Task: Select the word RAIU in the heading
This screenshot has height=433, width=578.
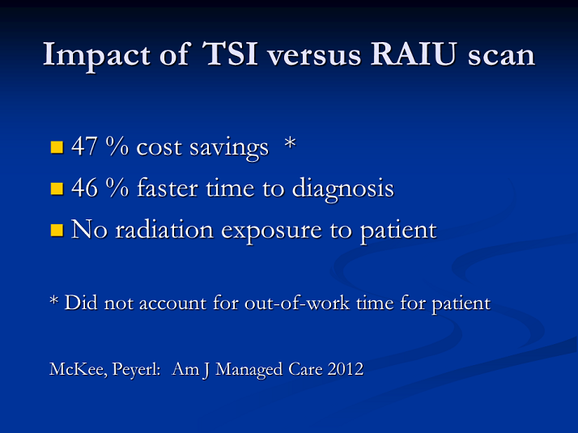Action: coord(414,54)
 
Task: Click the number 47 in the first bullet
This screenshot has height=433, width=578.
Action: coord(84,146)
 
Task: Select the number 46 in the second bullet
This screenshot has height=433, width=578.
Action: coord(84,188)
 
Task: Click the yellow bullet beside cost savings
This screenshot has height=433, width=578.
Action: coord(57,147)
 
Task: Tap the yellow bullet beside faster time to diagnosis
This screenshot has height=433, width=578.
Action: coord(57,189)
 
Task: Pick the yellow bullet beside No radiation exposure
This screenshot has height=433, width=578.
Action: coord(57,231)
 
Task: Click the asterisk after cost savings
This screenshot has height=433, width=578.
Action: coord(290,142)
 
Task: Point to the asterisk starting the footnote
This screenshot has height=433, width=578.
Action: coord(53,300)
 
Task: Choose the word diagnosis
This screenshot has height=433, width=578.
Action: coord(342,189)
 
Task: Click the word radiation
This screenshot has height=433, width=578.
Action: coord(164,229)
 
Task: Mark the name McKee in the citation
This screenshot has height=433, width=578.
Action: coord(79,369)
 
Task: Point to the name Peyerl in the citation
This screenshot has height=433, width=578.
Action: coord(136,370)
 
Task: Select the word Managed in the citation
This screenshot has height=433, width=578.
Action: coord(249,370)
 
